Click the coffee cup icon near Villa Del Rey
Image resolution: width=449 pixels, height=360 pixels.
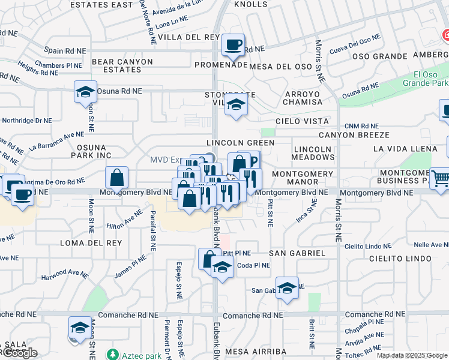click(233, 44)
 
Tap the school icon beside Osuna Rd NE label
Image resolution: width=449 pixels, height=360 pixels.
click(85, 92)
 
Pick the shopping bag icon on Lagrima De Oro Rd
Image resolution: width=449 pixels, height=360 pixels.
click(116, 178)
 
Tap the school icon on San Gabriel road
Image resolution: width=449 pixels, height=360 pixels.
click(287, 288)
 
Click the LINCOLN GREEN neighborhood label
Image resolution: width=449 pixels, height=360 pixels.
click(240, 143)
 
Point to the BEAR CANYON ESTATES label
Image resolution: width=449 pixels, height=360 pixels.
click(116, 65)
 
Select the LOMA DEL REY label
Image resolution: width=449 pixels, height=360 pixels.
click(91, 243)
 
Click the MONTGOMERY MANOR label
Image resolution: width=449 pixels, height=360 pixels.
click(303, 177)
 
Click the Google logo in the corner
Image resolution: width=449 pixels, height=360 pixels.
click(20, 353)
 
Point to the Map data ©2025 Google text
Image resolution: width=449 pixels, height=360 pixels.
click(411, 355)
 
